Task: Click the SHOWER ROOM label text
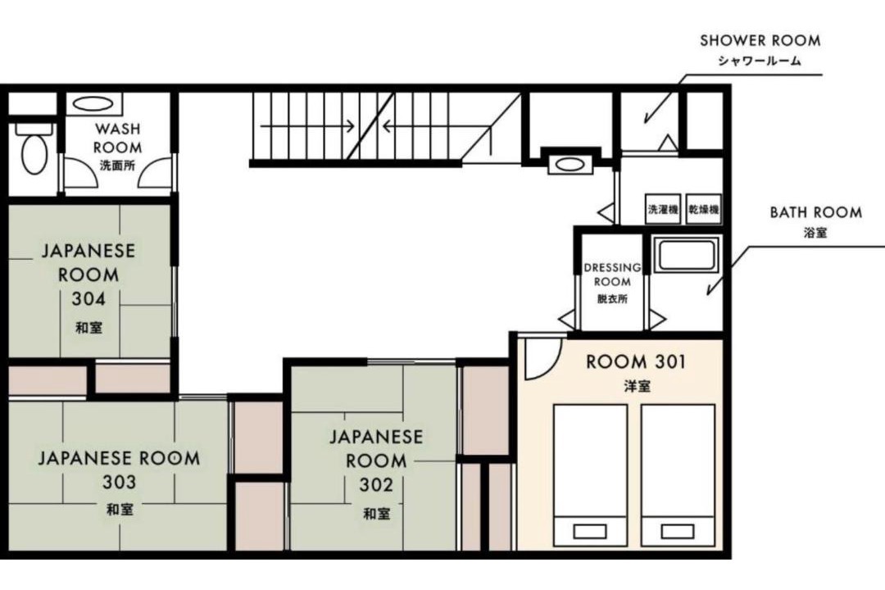pos(760,41)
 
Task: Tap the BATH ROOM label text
pos(815,212)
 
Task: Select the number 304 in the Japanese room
pos(88,298)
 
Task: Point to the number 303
pos(119,482)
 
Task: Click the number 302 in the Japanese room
pos(376,484)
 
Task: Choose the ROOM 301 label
pos(636,361)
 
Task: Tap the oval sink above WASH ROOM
pos(93,104)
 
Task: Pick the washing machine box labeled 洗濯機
pos(663,210)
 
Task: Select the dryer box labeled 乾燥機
pos(704,210)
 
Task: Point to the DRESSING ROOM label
pos(612,274)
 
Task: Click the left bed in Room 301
pos(590,475)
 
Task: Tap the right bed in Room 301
pos(678,475)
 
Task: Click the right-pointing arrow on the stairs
pos(307,125)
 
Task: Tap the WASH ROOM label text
pos(117,138)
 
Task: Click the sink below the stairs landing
pos(570,164)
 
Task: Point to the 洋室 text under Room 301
pos(637,386)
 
